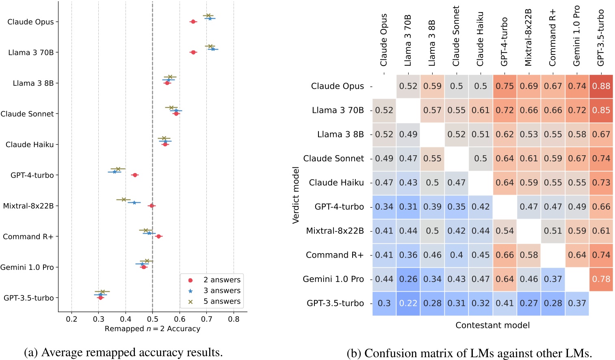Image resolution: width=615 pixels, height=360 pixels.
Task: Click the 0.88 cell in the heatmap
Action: click(x=601, y=86)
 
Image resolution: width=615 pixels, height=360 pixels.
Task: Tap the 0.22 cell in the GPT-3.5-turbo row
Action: click(x=408, y=303)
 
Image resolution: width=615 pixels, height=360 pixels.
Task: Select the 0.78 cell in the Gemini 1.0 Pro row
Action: click(x=601, y=279)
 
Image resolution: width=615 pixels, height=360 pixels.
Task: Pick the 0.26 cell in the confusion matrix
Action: click(x=408, y=279)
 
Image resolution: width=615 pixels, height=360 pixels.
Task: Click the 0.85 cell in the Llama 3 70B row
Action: click(x=601, y=110)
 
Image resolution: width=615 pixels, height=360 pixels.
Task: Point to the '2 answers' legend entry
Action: click(x=221, y=280)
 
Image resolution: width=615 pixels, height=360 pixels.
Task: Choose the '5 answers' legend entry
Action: click(x=221, y=301)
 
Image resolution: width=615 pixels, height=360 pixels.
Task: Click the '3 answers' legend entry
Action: click(x=221, y=291)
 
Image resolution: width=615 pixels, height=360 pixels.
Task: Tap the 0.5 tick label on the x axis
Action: click(x=152, y=319)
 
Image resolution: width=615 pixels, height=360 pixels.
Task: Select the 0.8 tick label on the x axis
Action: click(x=234, y=319)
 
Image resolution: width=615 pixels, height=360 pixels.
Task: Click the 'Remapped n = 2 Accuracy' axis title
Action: click(x=152, y=329)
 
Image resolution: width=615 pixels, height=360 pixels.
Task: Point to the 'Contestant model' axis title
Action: click(x=492, y=325)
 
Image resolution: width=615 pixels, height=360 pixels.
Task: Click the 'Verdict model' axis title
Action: click(x=296, y=195)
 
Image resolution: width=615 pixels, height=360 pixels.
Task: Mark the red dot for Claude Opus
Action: click(x=193, y=22)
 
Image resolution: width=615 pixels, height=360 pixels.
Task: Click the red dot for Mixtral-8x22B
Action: click(x=152, y=206)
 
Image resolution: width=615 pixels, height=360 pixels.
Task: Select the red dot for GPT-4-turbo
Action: click(x=135, y=175)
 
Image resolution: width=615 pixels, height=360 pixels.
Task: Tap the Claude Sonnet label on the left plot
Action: click(x=27, y=114)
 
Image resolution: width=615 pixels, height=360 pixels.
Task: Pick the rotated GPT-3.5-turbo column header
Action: click(x=601, y=38)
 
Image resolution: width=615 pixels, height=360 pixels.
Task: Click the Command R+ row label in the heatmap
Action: click(x=335, y=255)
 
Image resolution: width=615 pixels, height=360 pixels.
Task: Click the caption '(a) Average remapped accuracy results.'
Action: click(x=123, y=352)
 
